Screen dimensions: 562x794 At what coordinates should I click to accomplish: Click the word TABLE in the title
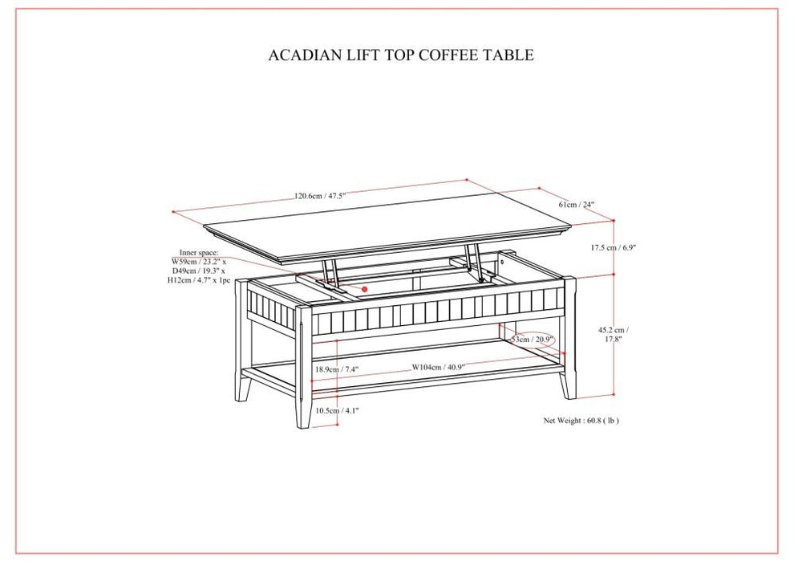(509, 55)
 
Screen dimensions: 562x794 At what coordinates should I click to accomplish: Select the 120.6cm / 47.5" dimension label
(319, 195)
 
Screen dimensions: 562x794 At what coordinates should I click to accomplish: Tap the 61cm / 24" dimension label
(576, 205)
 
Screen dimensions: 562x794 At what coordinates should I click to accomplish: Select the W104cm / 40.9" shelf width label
(438, 368)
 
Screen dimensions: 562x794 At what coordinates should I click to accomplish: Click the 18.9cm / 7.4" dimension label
(336, 369)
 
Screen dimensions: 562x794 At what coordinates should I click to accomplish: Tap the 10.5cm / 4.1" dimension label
(336, 410)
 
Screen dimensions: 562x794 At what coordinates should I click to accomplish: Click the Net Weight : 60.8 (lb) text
(581, 420)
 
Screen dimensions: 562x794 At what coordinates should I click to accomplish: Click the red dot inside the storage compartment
(365, 288)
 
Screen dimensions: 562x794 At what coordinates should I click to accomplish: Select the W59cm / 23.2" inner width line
(199, 262)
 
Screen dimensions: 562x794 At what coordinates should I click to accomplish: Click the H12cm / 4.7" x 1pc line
(200, 281)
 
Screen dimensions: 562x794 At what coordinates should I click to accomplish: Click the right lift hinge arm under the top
(476, 261)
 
